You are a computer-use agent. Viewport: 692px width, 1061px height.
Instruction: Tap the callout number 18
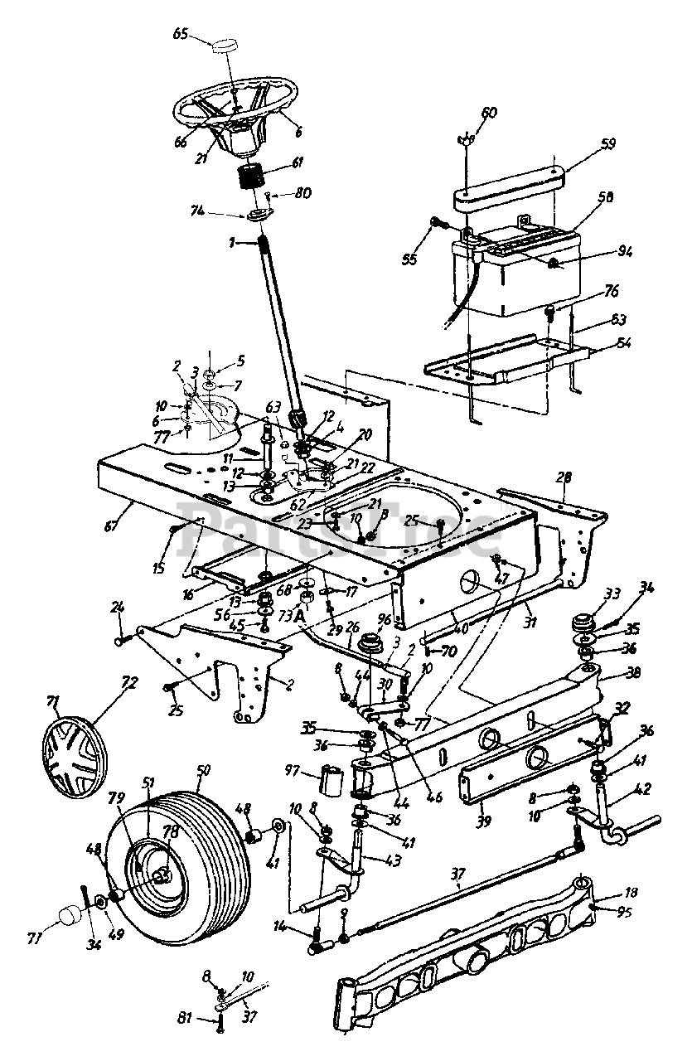click(x=607, y=894)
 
